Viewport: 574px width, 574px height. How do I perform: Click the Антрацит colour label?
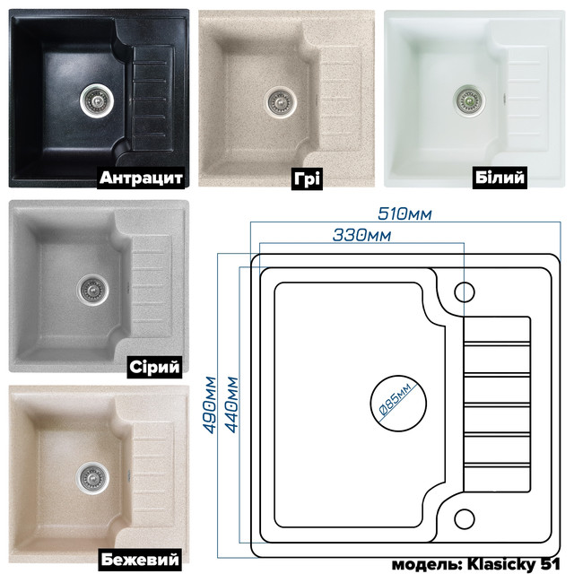point(141,178)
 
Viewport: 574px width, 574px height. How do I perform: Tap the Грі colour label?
point(307,178)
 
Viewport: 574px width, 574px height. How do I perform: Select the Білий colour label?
point(500,178)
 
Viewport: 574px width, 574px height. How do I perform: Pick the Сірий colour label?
point(155,367)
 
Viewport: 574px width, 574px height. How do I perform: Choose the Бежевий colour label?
point(140,560)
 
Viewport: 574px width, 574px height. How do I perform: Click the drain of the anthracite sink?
point(97,100)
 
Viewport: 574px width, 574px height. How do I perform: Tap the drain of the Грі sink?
point(281,101)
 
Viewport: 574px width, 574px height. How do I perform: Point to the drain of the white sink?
point(469,100)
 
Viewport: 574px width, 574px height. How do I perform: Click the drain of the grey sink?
point(92,289)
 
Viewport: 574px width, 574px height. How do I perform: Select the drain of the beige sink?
point(91,478)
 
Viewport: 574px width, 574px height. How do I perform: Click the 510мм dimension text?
point(404,214)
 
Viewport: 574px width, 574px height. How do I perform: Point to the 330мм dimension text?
point(361,235)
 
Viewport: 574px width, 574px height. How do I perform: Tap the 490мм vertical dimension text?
point(211,404)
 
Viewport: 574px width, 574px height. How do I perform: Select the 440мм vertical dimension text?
point(231,404)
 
